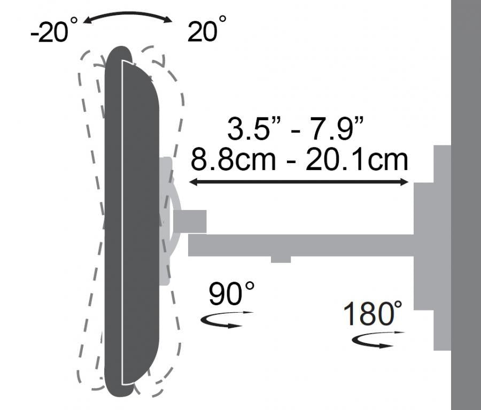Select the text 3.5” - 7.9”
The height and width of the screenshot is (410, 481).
296,129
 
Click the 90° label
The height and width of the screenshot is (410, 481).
231,293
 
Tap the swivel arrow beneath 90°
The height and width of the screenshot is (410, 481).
226,319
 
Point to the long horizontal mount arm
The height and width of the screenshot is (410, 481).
299,245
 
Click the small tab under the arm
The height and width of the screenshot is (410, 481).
281,259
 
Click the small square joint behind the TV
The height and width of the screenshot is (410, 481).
190,221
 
